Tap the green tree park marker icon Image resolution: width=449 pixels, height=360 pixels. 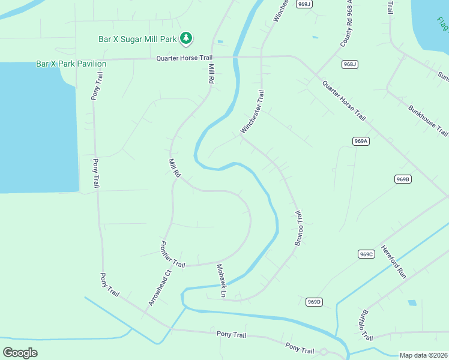click(x=186, y=38)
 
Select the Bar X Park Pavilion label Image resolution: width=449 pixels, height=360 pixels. click(x=71, y=64)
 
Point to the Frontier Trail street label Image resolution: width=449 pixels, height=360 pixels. click(x=172, y=254)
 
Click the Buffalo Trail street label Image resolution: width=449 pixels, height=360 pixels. click(x=366, y=325)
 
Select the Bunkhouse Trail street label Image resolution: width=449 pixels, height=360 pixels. click(x=428, y=121)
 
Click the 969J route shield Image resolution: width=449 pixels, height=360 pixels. click(x=305, y=4)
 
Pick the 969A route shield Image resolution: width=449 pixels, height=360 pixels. click(x=360, y=141)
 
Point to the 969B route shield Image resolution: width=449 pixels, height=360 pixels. click(x=403, y=179)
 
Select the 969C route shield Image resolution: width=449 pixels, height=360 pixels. click(x=366, y=254)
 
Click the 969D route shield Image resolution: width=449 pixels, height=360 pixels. click(x=314, y=302)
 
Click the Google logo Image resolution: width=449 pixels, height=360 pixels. click(x=20, y=353)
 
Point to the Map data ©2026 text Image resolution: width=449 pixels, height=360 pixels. click(x=424, y=355)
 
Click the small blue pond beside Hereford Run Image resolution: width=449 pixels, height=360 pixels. click(x=412, y=303)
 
